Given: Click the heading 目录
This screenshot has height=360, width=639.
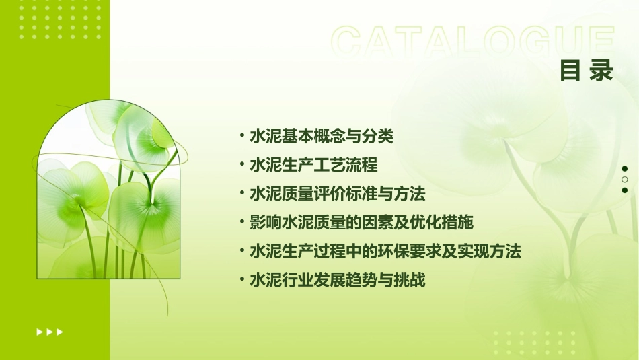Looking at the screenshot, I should coord(587,71).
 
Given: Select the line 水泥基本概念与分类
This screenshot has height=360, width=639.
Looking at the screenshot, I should coord(321,136).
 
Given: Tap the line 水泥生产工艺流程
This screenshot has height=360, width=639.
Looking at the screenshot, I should coord(313,165).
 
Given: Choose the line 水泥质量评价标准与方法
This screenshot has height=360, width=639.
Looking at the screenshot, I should coord(337,194).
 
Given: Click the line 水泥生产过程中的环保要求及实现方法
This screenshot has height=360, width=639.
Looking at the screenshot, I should coord(385,252).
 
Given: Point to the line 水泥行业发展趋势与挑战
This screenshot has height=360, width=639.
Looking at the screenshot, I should coord(337,280).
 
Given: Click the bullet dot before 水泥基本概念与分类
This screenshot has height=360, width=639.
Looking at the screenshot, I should coord(242,136).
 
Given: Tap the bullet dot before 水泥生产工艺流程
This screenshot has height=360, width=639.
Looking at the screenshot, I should coord(242,165).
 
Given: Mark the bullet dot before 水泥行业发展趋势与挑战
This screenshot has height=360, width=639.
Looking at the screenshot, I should coord(242,280).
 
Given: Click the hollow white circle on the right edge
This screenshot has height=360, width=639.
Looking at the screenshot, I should coord(625,180).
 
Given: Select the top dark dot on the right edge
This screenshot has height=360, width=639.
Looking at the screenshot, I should coord(625,168).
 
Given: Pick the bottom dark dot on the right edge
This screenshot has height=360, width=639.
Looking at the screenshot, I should coord(625,190).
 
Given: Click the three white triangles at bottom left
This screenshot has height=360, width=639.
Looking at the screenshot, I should coord(50,332).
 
